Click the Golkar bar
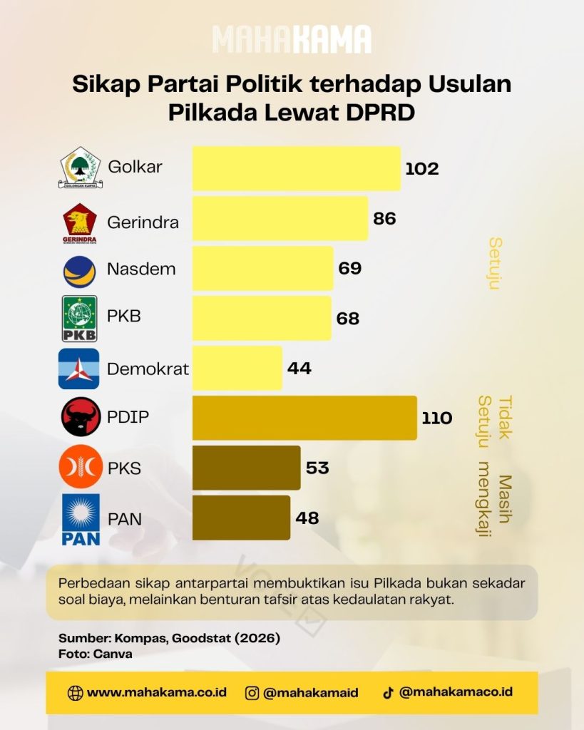pos(297,168)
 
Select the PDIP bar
pos(304,418)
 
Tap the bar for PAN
pos(241,518)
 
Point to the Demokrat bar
pos(237,368)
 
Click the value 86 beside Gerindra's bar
pos(384,218)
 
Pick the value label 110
pos(437,418)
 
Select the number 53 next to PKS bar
pos(317,468)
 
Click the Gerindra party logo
pos(80,223)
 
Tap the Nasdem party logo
pos(80,272)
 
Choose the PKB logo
pos(80,319)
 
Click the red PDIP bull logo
pos(81,416)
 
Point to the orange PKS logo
pos(81,466)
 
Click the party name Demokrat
pos(148,369)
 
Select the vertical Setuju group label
pos(495,264)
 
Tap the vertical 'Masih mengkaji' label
pos(495,498)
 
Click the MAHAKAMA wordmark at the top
pos(292,40)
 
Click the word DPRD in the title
pos(381,112)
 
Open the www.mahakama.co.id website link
pos(156,692)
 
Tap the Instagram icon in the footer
pos(252,693)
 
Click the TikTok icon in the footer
pos(388,693)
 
